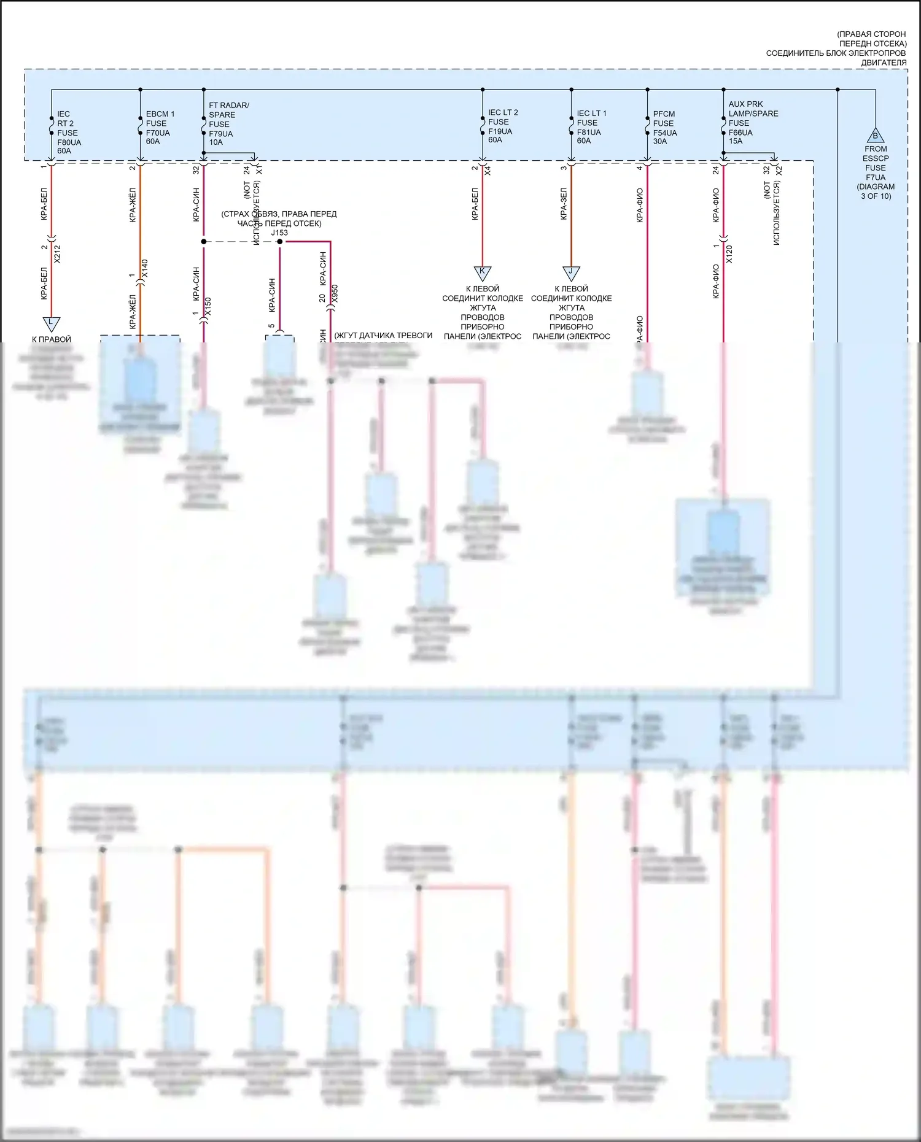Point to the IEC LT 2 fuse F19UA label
[502, 126]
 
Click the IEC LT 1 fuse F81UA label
[591, 127]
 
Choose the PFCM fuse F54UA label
[664, 127]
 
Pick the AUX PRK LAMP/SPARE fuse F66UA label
[753, 123]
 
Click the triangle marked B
[876, 136]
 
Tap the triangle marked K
[483, 272]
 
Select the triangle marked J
[571, 272]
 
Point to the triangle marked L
[51, 323]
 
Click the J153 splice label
[279, 233]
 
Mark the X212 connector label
[58, 254]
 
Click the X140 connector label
[145, 269]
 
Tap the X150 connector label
[208, 306]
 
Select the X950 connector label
[335, 293]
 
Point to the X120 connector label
[729, 253]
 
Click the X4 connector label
[488, 171]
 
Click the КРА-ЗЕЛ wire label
[564, 204]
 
